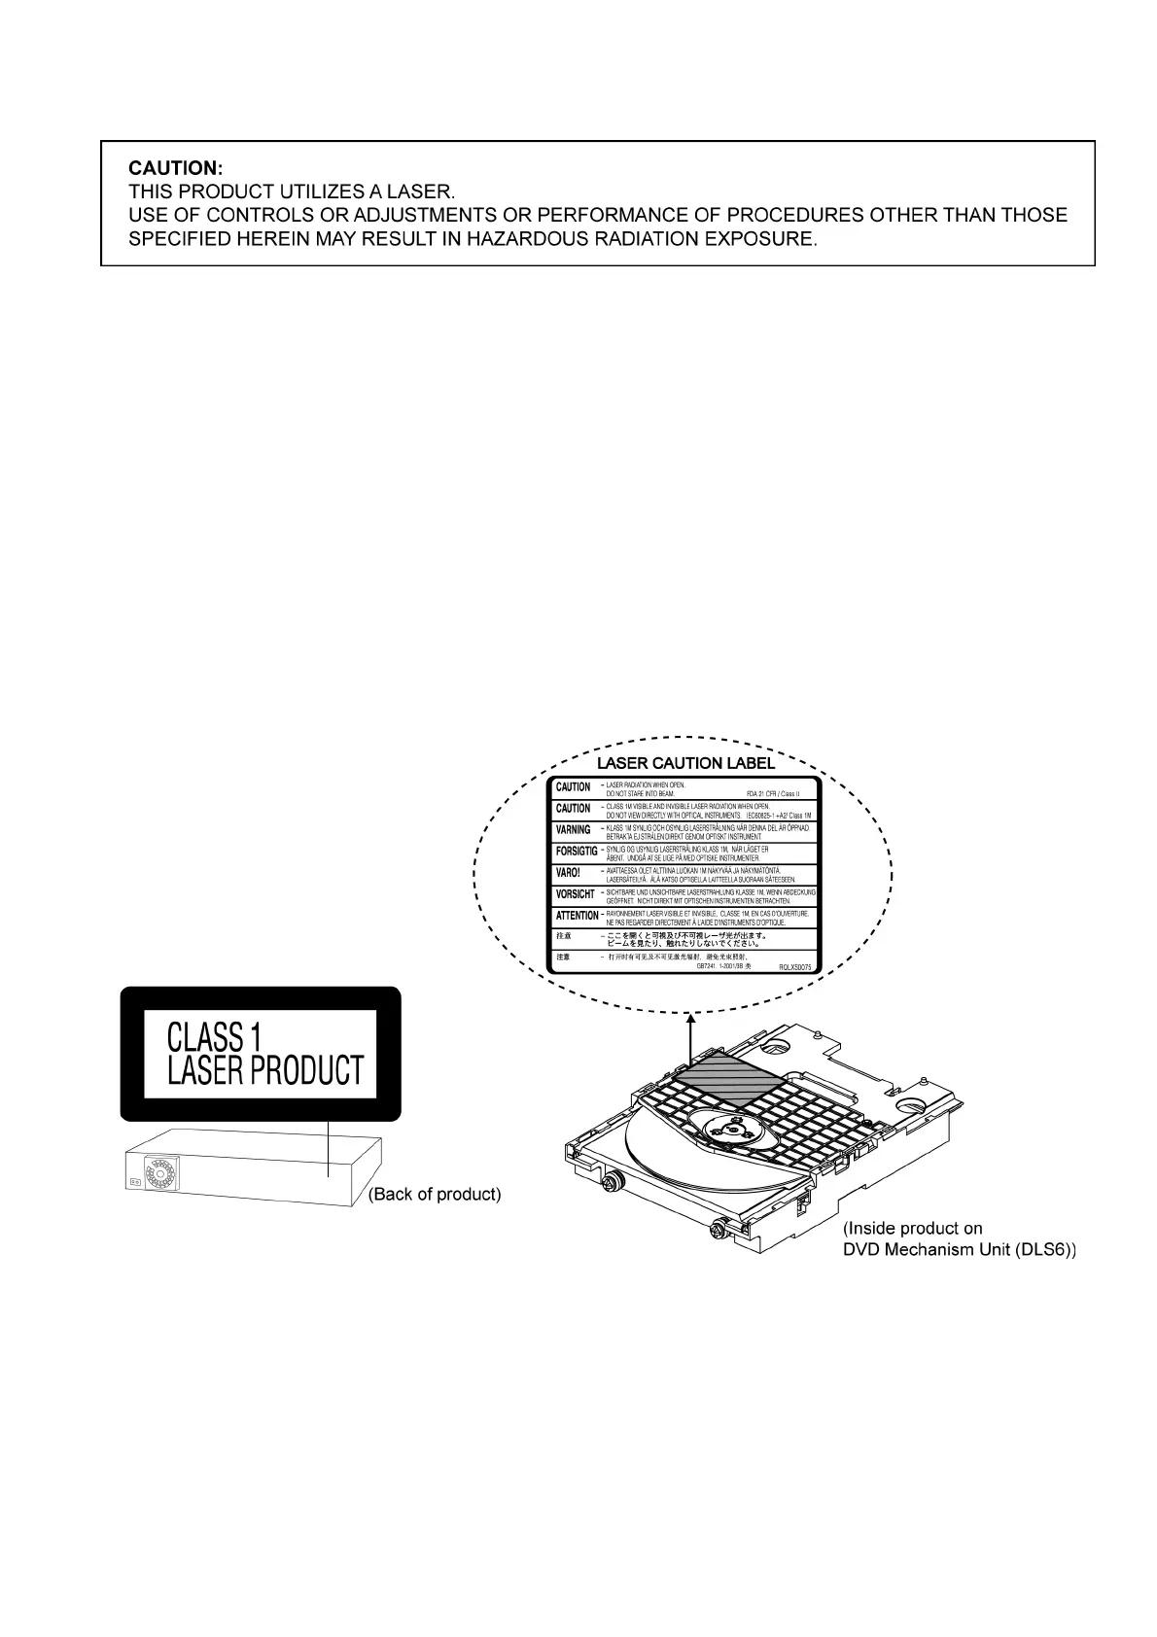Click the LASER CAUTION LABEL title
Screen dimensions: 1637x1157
point(685,763)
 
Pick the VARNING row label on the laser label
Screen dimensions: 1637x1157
point(573,830)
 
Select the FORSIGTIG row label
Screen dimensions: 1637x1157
point(577,852)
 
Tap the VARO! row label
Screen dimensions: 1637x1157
point(568,873)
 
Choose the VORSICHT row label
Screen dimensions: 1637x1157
point(575,894)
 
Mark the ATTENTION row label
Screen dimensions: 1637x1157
point(577,916)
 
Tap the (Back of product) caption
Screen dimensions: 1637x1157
point(436,1194)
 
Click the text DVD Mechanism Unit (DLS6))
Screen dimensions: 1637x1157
point(959,1250)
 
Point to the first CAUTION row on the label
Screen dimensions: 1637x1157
point(573,787)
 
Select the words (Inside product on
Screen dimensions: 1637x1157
point(912,1229)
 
